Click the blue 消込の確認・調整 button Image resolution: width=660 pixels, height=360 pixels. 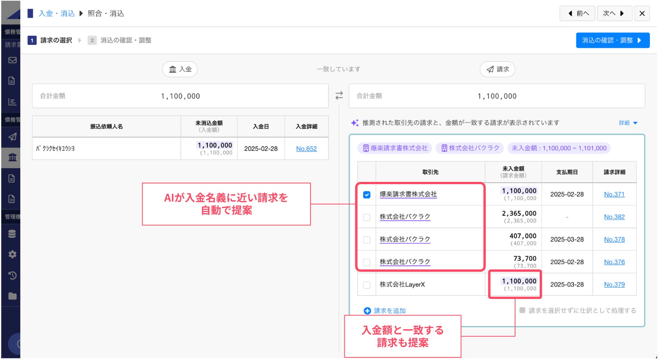point(612,40)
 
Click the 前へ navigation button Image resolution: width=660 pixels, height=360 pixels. point(578,14)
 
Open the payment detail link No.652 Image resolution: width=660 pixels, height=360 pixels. point(306,149)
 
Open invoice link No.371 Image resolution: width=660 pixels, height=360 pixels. point(614,194)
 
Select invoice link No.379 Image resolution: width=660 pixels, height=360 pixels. point(614,285)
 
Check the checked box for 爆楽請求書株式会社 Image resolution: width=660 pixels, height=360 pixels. point(367,195)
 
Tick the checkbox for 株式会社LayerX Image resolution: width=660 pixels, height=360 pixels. point(367,285)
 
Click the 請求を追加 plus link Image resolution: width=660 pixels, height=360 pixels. point(385,311)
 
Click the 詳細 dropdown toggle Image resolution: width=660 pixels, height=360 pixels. point(628,123)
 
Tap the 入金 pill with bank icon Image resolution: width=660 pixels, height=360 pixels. point(180,69)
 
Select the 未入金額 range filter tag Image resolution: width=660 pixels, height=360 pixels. point(559,148)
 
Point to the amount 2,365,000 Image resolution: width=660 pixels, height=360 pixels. point(519,214)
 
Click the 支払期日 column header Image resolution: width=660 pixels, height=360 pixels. point(567,172)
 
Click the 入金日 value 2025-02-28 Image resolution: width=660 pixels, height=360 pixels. point(261,149)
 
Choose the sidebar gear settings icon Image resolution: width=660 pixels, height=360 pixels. point(12,254)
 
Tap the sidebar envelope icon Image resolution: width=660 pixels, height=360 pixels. point(12,60)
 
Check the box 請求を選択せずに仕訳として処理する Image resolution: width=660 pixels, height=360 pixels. point(522,310)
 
